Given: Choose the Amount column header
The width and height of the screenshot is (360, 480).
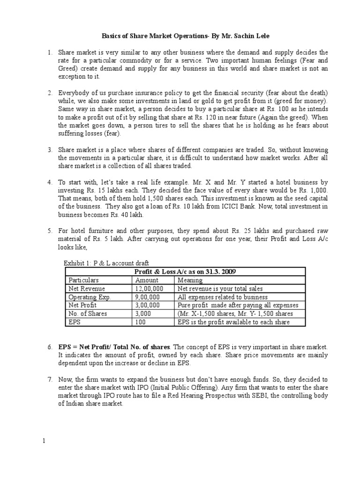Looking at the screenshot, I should coord(147,280).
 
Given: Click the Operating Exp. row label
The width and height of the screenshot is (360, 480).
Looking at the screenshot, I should coord(88,297).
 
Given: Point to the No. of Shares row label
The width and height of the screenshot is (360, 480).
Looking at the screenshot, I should coord(88,314).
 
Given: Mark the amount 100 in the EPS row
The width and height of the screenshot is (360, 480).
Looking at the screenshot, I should coord(139,322).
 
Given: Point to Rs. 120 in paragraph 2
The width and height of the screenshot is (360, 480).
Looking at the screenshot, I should coord(265,118).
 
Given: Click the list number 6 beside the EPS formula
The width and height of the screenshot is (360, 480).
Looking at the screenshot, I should coord(50,346).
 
